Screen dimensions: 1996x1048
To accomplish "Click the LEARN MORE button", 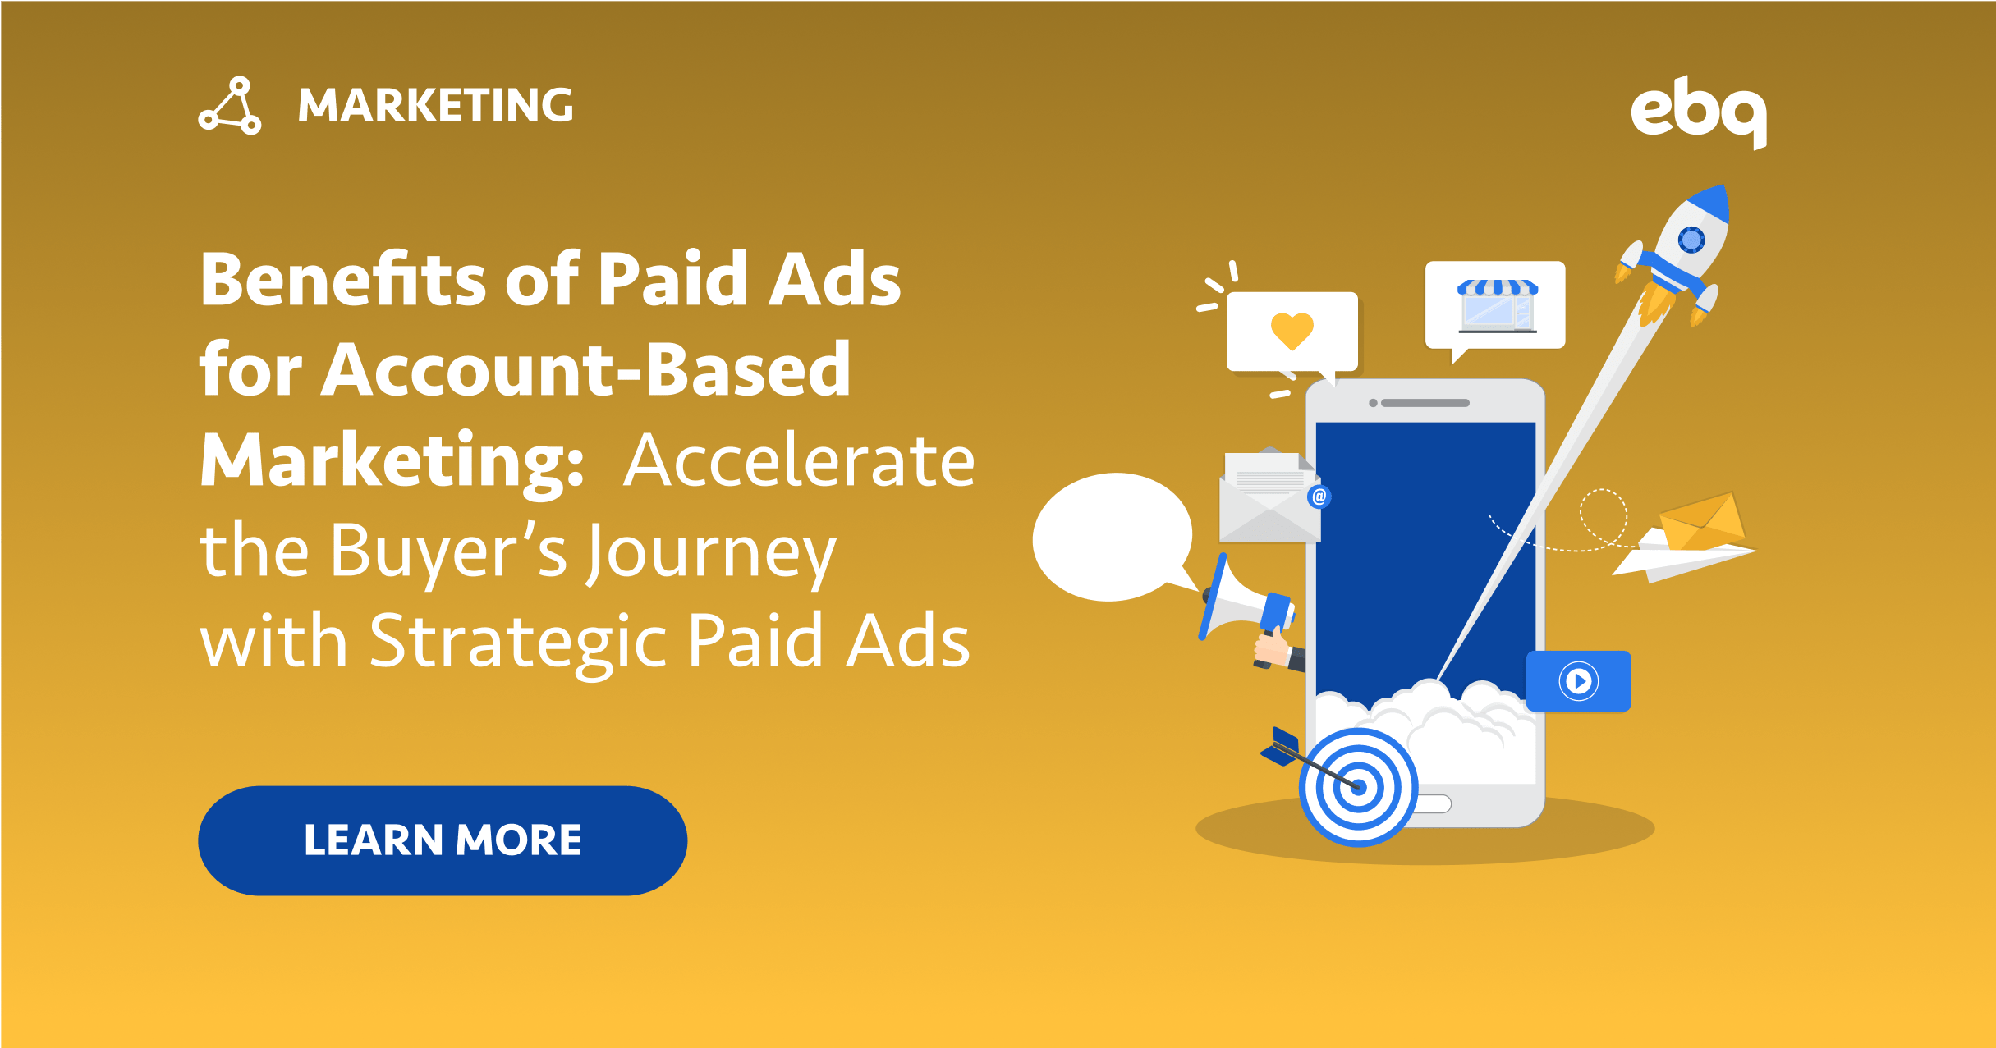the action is (x=443, y=840).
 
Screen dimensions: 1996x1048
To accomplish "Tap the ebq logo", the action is (x=1698, y=112).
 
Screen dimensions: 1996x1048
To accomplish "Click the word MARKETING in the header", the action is (x=435, y=105).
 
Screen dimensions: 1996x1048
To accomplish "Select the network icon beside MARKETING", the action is (x=230, y=106).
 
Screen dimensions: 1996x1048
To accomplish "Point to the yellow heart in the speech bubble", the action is (x=1292, y=331).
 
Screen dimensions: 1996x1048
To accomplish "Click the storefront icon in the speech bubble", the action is (x=1498, y=305).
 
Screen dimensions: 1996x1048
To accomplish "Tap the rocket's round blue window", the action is (x=1691, y=240).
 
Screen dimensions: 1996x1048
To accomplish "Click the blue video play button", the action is (x=1578, y=681).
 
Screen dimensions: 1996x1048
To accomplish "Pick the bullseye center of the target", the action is (x=1358, y=787).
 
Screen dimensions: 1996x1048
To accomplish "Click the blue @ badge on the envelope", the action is (x=1319, y=497).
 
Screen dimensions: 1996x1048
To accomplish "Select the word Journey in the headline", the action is (x=711, y=552).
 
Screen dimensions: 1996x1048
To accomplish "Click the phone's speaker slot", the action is (x=1425, y=403).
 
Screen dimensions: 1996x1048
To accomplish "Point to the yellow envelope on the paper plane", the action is (x=1702, y=520).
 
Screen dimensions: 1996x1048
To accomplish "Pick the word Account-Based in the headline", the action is (x=585, y=370).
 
